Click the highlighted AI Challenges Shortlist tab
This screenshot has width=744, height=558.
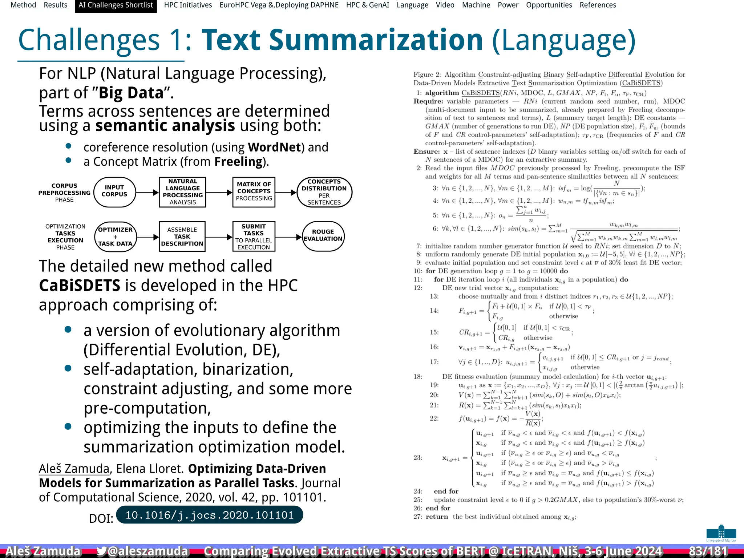116,5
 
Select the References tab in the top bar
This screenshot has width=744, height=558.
598,5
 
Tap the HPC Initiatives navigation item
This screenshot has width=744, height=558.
188,5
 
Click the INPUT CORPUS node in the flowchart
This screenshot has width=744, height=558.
114,192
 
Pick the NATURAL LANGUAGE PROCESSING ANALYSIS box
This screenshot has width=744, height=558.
182,192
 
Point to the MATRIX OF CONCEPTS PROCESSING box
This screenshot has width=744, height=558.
254,192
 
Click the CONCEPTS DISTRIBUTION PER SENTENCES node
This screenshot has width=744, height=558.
324,192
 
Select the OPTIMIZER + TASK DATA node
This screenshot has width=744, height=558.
115,237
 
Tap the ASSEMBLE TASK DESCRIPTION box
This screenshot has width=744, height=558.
182,237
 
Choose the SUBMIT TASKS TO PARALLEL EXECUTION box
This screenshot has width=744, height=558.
254,237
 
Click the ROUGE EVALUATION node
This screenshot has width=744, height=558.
323,236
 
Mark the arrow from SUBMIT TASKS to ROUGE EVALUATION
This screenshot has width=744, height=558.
288,237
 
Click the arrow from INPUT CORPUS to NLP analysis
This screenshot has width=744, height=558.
147,193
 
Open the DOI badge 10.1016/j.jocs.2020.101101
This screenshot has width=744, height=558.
209,515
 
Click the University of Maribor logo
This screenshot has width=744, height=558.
721,533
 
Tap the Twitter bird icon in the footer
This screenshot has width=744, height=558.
101,551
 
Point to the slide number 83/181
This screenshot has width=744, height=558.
708,551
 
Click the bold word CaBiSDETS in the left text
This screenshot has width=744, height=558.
80,286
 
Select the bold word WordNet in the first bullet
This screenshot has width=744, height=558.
275,147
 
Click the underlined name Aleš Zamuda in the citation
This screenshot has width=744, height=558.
74,469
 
